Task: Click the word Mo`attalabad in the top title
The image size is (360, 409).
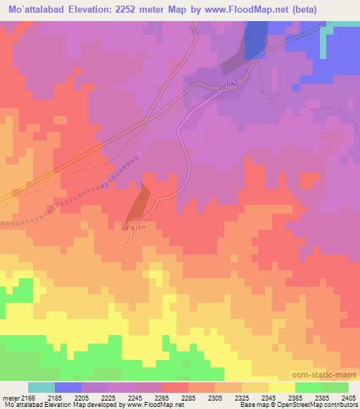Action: [33, 9]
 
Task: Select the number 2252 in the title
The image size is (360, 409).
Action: [131, 9]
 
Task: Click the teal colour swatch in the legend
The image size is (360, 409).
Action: [41, 387]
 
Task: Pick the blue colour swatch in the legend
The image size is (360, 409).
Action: [68, 387]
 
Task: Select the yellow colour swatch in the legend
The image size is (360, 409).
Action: [281, 387]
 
